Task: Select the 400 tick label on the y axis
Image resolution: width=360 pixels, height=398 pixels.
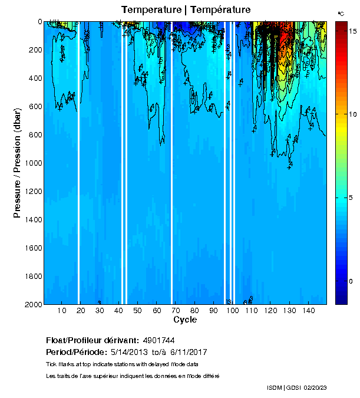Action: [34, 78]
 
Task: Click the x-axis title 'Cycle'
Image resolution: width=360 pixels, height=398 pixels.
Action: [185, 320]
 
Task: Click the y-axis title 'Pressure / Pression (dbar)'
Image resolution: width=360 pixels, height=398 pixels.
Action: [17, 163]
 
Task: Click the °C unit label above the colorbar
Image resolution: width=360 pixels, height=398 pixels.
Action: [341, 12]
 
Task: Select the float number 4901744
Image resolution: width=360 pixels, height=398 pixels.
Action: [158, 341]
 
